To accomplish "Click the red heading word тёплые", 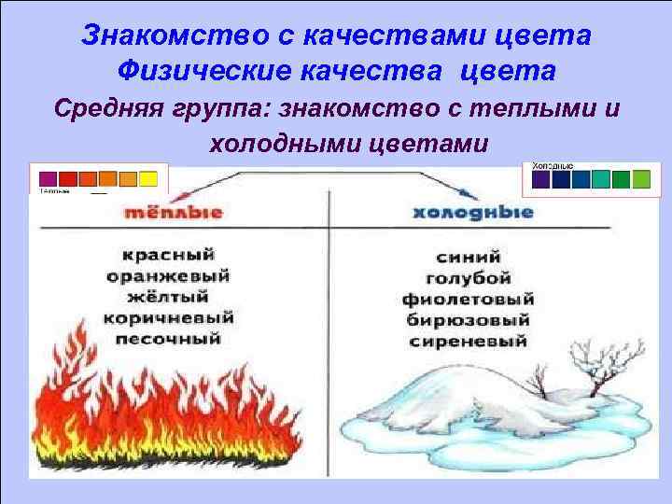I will (175, 212).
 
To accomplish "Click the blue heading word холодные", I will (472, 212).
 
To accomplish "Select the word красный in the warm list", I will (175, 254).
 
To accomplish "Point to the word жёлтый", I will (175, 297).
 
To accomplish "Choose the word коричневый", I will (175, 318).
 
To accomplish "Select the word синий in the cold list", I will (468, 255).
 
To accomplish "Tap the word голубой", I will (468, 277).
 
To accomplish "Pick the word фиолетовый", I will (468, 299).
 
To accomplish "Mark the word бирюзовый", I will (468, 320).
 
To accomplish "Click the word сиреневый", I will (468, 342).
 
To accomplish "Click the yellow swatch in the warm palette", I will (147, 178).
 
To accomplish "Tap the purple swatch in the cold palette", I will (540, 179).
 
